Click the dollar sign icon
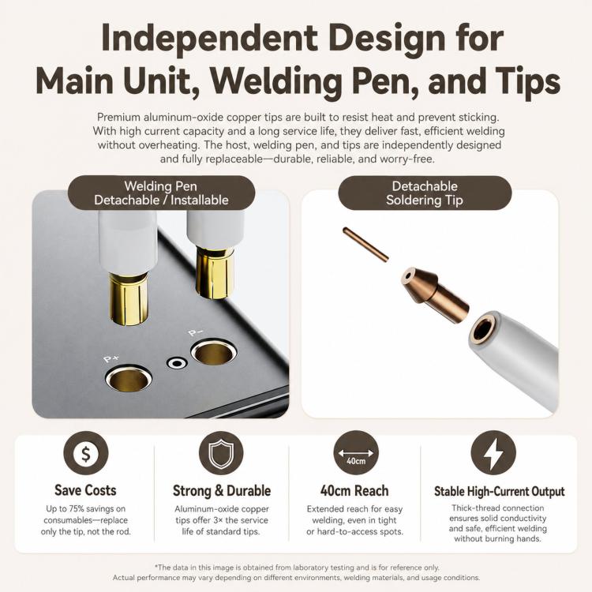point(86,453)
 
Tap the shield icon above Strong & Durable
point(221,453)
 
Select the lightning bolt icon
point(493,453)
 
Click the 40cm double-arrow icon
point(356,453)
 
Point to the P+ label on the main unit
point(111,358)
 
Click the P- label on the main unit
point(196,332)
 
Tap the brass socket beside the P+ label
point(129,378)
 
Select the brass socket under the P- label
point(214,353)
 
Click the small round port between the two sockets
point(177,364)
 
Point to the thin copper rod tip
point(365,244)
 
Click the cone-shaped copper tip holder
point(434,290)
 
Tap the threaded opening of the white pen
point(484,328)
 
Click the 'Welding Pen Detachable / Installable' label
point(161,193)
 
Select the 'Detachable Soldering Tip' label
point(425,193)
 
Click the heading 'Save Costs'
point(85,490)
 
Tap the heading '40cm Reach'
point(354,490)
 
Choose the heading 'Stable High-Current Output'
point(499,491)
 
